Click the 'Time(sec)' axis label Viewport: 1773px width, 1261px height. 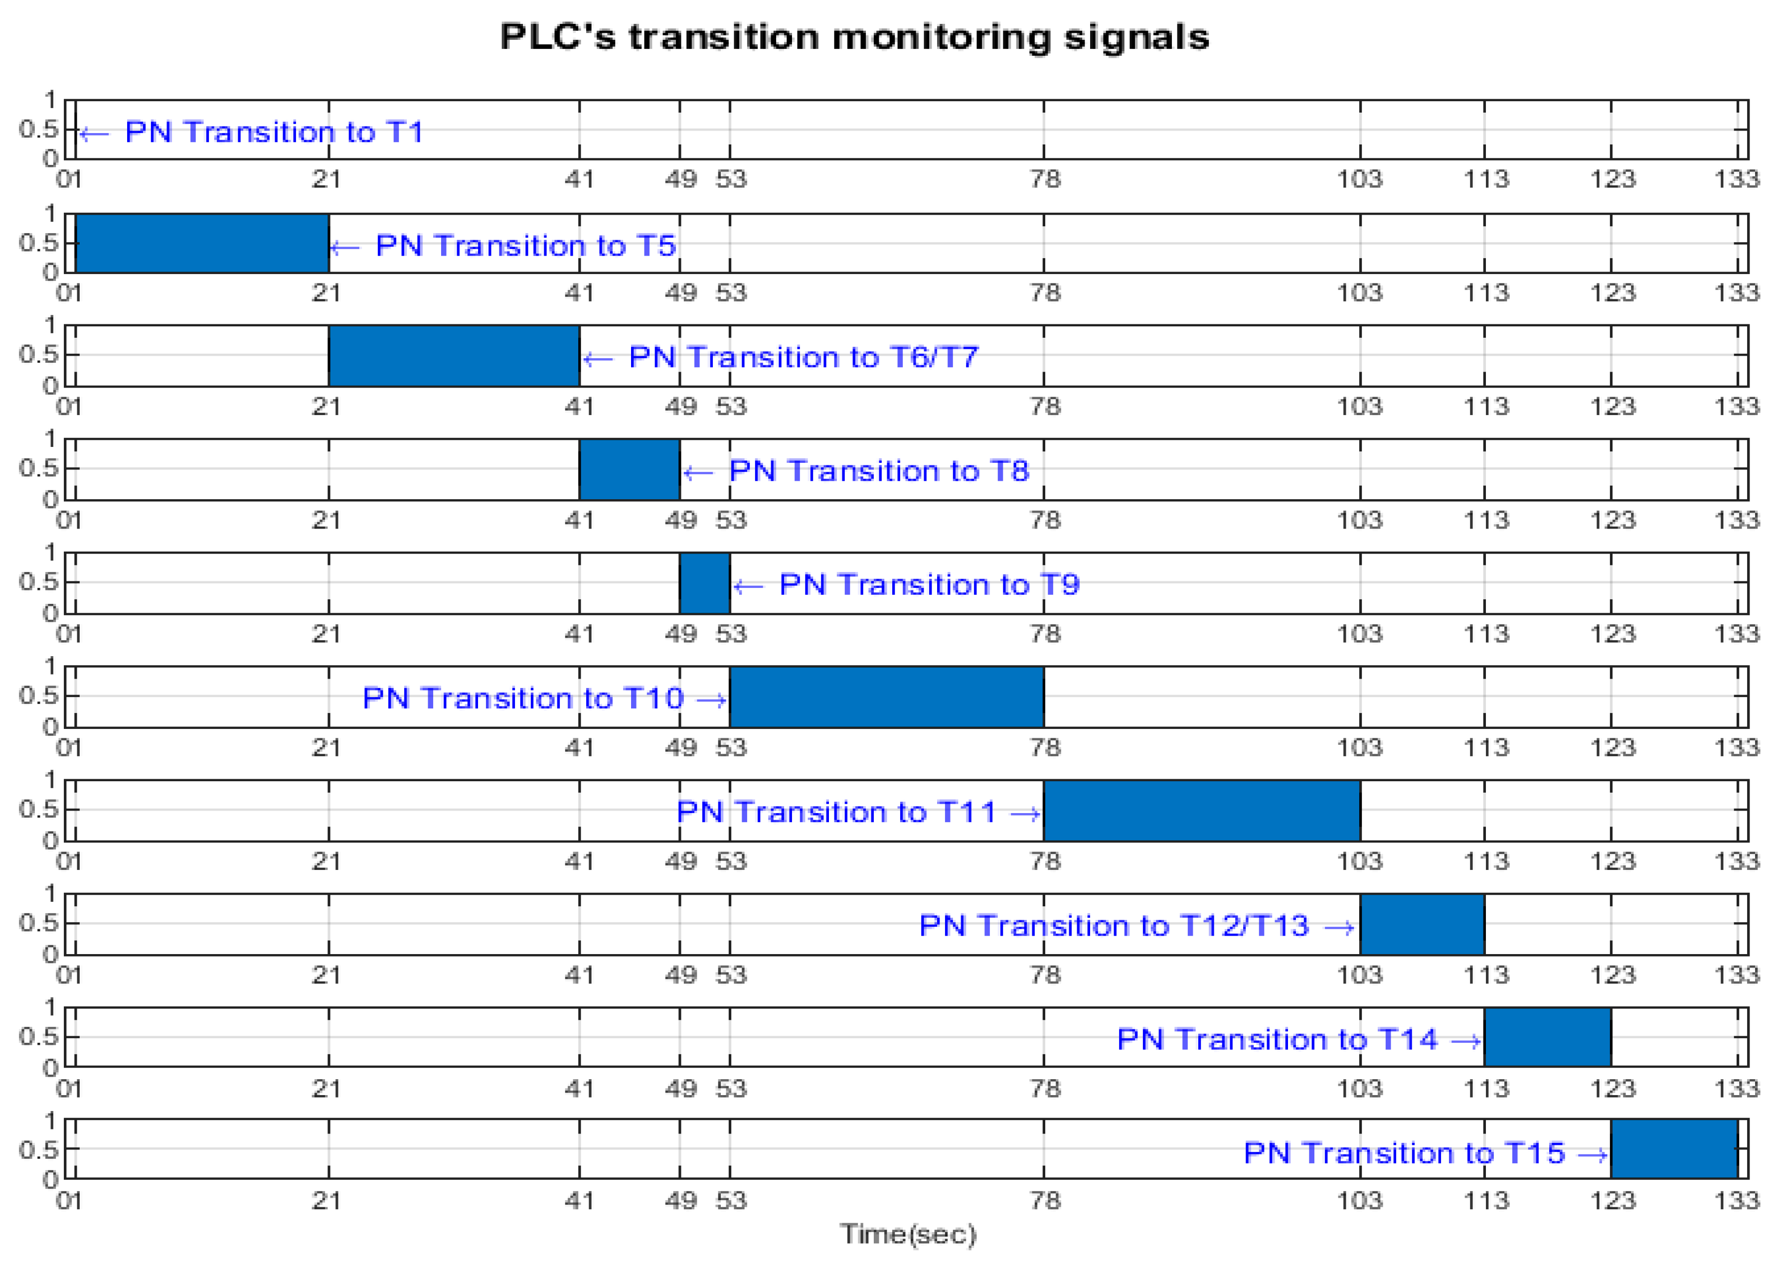907,1233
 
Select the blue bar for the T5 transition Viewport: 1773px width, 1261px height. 202,243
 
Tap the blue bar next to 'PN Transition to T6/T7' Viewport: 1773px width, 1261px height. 454,356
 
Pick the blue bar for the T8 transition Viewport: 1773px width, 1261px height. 629,469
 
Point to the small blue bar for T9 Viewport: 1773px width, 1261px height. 704,583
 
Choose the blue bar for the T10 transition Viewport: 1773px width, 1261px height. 886,697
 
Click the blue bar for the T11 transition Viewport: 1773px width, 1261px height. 1201,810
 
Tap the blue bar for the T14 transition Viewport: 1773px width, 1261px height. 1547,1037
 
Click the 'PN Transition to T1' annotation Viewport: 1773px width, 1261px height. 274,132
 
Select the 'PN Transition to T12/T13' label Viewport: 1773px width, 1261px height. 1113,926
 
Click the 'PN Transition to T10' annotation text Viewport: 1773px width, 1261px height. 523,698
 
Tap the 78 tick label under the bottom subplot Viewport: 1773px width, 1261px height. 1045,1200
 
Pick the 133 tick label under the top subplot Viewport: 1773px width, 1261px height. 1736,179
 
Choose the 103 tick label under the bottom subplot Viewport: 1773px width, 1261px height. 1359,1200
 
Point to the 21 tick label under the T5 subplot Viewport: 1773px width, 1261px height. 327,293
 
